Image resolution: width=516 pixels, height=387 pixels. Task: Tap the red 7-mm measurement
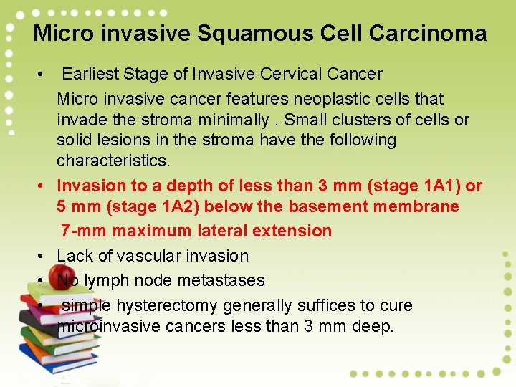(x=81, y=231)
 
